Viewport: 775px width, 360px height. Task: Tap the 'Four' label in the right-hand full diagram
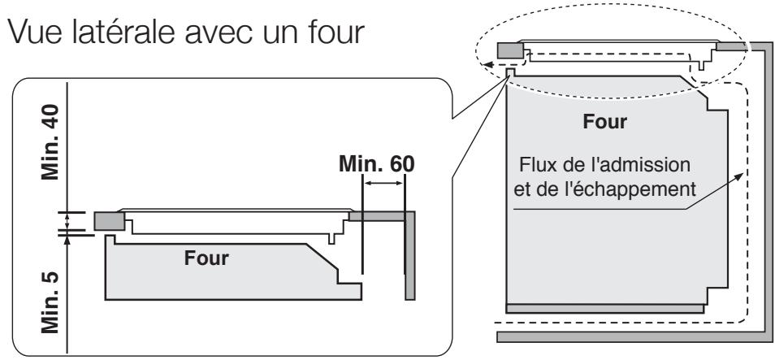tap(604, 125)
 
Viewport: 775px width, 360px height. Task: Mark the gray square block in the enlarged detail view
tap(108, 220)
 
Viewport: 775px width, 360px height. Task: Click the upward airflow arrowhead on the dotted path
tap(739, 174)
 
